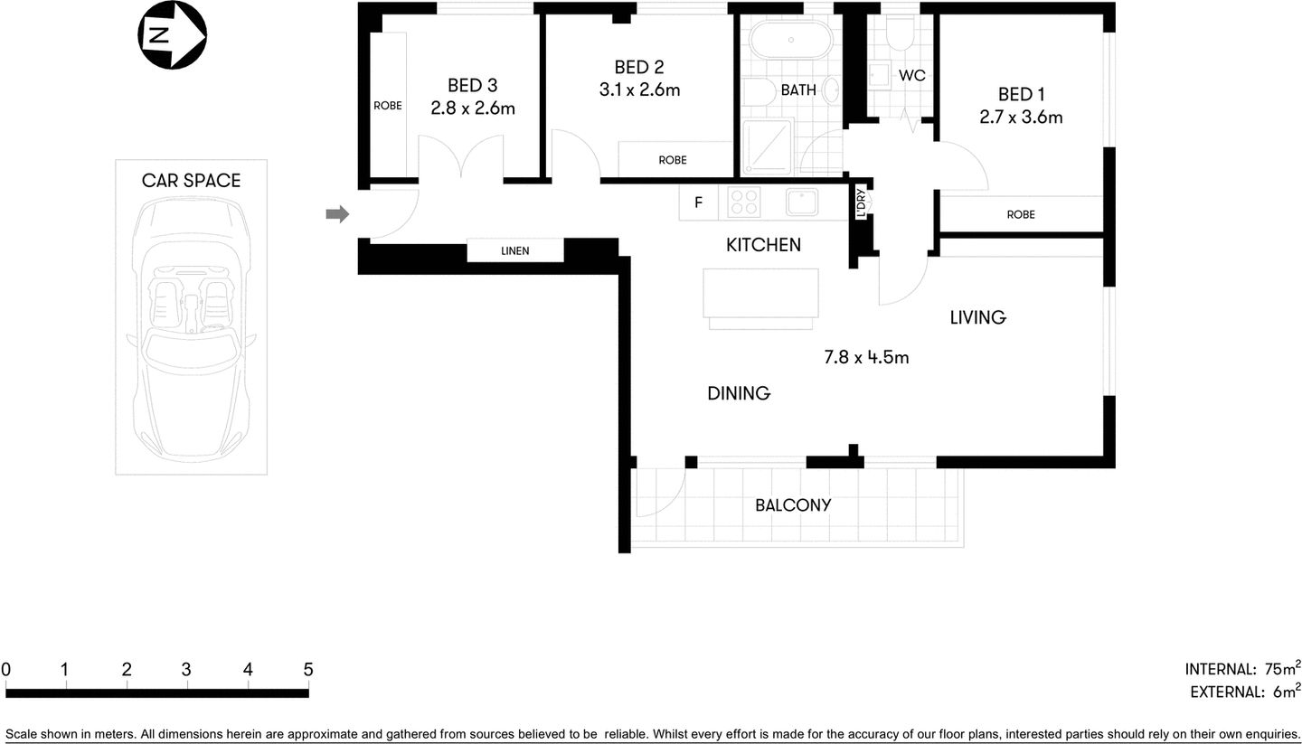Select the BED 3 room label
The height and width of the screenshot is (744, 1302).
[x=472, y=86]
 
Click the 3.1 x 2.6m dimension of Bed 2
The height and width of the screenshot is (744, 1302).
[x=639, y=90]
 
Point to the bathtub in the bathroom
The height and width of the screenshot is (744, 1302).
[x=791, y=41]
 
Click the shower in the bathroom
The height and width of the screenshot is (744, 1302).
[x=767, y=146]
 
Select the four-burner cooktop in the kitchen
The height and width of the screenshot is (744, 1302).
[x=744, y=202]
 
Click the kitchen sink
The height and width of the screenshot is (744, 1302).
[x=802, y=202]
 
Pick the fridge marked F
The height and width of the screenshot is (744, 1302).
[x=698, y=203]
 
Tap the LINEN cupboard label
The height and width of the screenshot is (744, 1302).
[x=515, y=250]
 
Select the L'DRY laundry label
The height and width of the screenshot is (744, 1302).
[x=861, y=203]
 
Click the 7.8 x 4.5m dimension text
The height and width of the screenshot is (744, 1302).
[x=866, y=357]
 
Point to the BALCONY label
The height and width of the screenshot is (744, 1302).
[x=793, y=505]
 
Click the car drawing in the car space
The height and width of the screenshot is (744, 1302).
[x=191, y=330]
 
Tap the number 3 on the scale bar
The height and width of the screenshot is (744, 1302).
[x=186, y=670]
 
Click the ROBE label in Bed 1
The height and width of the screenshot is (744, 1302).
[x=1021, y=214]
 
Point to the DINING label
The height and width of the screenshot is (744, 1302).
[x=739, y=393]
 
